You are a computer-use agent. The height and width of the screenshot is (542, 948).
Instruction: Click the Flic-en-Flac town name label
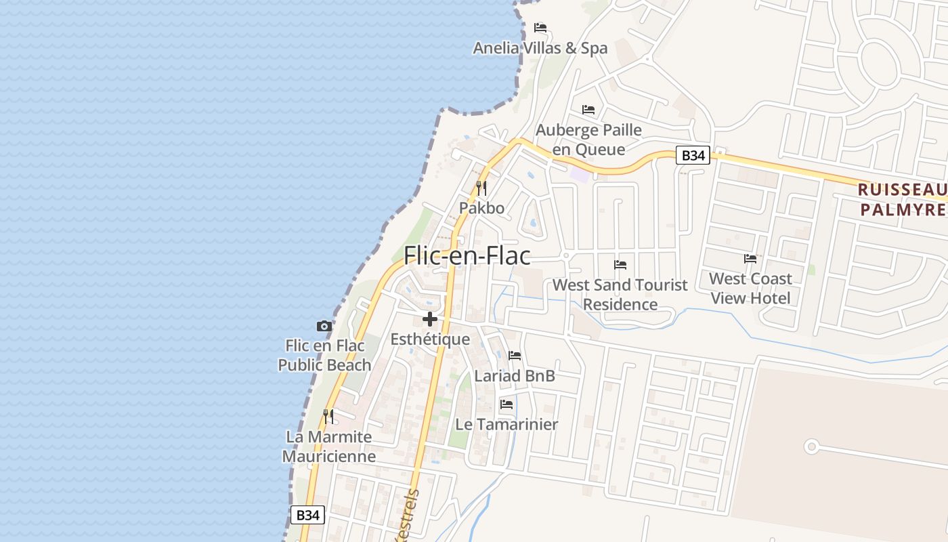[x=467, y=255]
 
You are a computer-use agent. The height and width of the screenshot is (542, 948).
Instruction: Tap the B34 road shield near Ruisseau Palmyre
[x=693, y=156]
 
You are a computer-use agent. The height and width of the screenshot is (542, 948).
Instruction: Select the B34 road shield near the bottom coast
[x=307, y=515]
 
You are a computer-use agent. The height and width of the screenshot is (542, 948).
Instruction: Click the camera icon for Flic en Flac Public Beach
[x=324, y=327]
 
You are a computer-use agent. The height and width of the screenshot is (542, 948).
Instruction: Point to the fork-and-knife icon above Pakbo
[x=481, y=188]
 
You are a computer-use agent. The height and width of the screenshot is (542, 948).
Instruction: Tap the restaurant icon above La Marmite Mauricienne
[x=328, y=416]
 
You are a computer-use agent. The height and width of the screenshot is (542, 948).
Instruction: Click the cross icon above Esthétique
[x=430, y=319]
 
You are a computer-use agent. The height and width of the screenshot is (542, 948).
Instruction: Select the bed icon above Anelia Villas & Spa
[x=540, y=28]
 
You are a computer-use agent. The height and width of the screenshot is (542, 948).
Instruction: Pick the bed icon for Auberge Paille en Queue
[x=588, y=109]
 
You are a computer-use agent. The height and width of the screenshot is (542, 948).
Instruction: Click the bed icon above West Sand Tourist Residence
[x=620, y=264]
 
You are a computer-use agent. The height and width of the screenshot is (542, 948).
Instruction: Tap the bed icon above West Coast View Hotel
[x=750, y=258]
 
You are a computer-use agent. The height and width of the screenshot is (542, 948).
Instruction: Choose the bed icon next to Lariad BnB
[x=515, y=355]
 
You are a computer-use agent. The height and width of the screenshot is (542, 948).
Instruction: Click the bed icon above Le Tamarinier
[x=507, y=404]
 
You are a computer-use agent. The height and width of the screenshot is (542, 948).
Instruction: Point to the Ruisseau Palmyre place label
[x=902, y=199]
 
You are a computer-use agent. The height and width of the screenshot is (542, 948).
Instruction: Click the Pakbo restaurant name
[x=481, y=208]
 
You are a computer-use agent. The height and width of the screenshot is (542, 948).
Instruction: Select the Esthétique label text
[x=430, y=339]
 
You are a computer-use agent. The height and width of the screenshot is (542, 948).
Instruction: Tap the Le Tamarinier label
[x=507, y=425]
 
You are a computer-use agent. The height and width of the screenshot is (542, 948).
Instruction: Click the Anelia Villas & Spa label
[x=540, y=48]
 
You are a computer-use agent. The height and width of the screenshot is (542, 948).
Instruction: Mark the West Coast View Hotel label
[x=750, y=289]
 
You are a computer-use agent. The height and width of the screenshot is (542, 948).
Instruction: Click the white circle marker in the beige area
[x=811, y=446]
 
